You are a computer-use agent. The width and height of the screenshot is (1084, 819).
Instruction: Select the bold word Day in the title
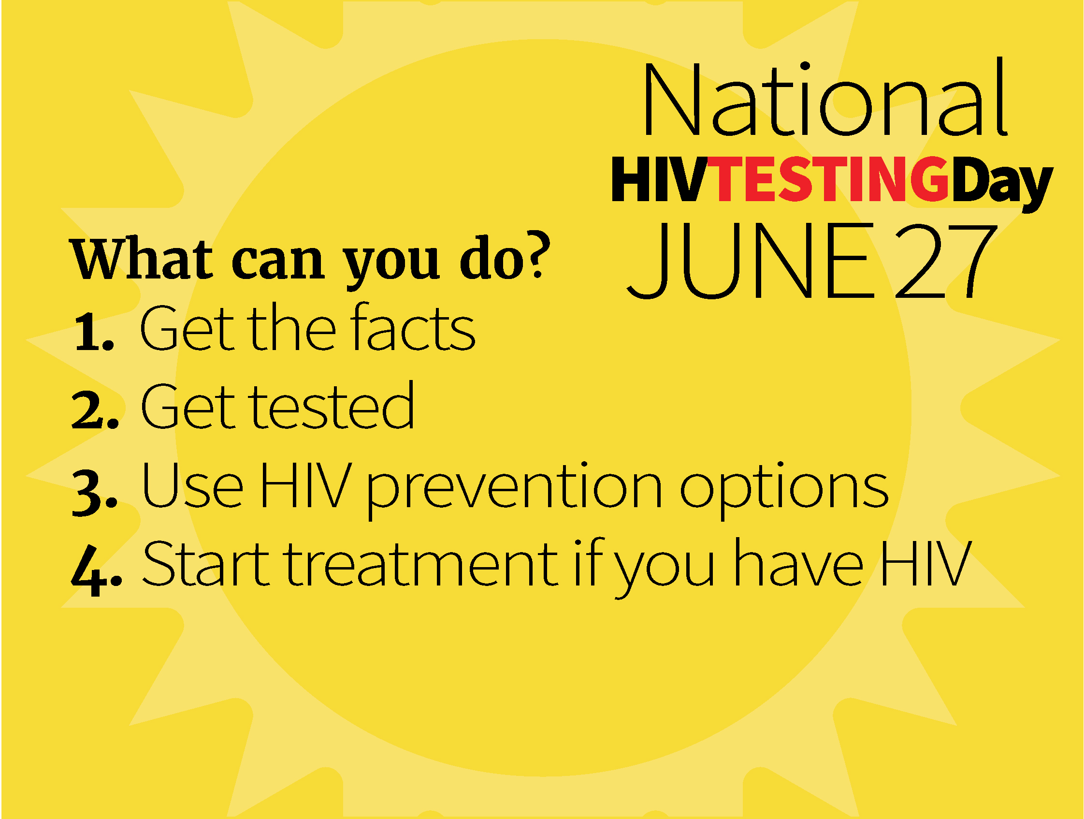tap(1002, 184)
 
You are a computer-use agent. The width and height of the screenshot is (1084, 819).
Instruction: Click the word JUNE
tap(751, 260)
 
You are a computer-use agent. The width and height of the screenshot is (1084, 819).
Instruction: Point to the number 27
tap(946, 261)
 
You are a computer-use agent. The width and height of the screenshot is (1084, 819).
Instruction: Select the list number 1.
tap(94, 333)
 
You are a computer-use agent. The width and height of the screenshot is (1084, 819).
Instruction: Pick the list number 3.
tap(95, 492)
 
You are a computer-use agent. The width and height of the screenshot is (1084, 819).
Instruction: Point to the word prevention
tap(515, 490)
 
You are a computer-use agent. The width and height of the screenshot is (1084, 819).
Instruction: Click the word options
tap(784, 491)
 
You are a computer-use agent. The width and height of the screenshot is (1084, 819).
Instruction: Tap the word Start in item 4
tap(206, 564)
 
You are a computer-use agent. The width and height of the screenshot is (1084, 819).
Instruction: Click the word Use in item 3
tap(191, 485)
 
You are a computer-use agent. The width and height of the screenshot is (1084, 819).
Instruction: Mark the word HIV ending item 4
tap(926, 564)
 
